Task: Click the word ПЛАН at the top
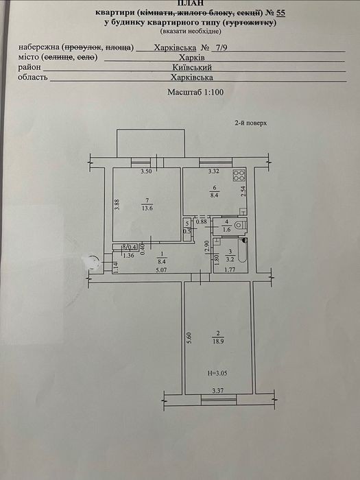pyautogui.click(x=189, y=3)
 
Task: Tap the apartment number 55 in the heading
pyautogui.click(x=280, y=13)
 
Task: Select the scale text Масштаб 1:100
pyautogui.click(x=195, y=92)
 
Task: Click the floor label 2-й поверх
pyautogui.click(x=251, y=123)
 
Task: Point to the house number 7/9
pyautogui.click(x=221, y=48)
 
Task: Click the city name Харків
pyautogui.click(x=192, y=58)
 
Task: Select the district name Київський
pyautogui.click(x=192, y=67)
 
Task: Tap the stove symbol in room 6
pyautogui.click(x=239, y=175)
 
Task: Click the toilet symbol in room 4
pyautogui.click(x=240, y=226)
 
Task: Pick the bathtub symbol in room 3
pyautogui.click(x=243, y=251)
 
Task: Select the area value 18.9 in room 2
pyautogui.click(x=218, y=341)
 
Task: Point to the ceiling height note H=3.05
pyautogui.click(x=217, y=373)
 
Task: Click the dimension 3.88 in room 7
pyautogui.click(x=117, y=205)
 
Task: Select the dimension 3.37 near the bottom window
pyautogui.click(x=217, y=390)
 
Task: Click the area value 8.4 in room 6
pyautogui.click(x=214, y=195)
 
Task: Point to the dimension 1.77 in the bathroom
pyautogui.click(x=230, y=269)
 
